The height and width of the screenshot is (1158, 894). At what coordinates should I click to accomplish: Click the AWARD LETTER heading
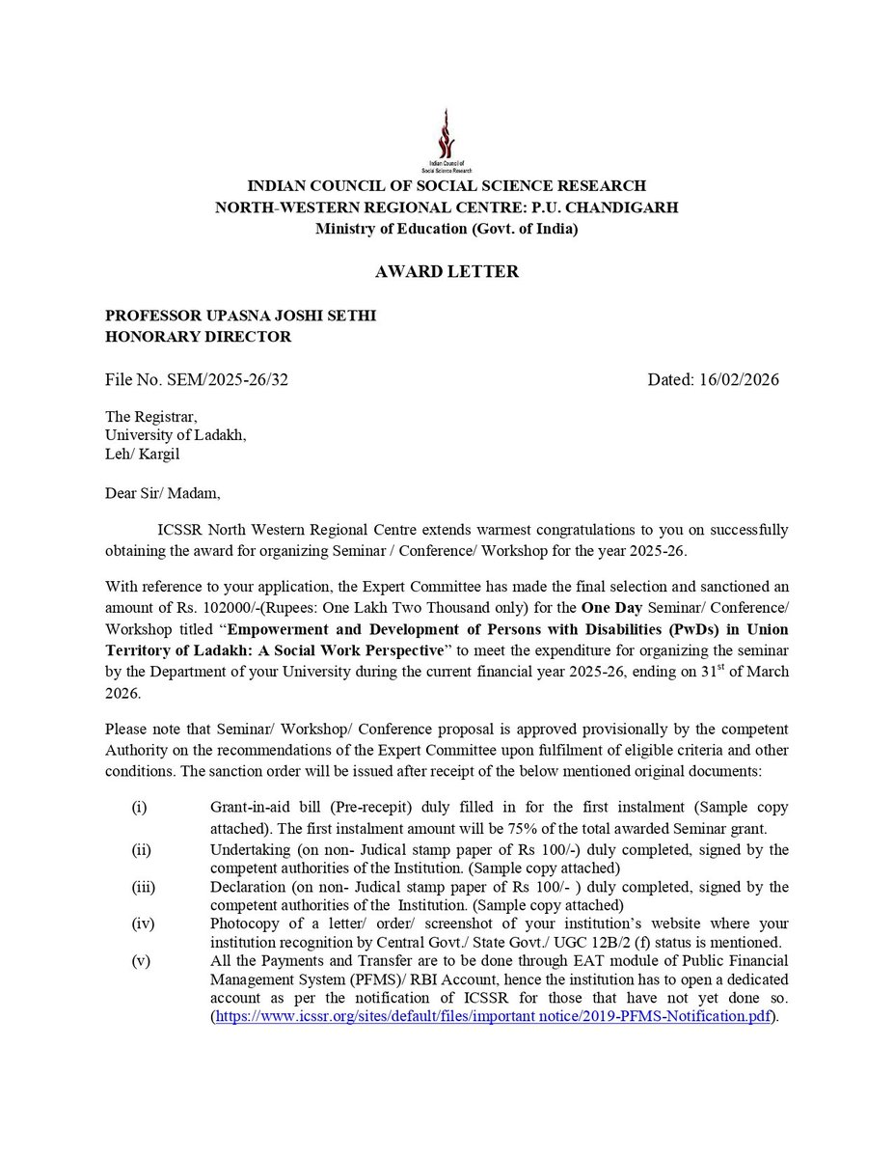(x=447, y=272)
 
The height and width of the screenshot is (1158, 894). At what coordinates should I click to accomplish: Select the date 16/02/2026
(x=741, y=379)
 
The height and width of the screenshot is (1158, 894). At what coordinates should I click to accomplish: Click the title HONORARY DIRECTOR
(x=198, y=337)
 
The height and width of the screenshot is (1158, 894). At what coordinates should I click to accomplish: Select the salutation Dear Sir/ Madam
(x=163, y=494)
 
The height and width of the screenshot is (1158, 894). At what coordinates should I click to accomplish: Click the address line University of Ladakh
(x=176, y=435)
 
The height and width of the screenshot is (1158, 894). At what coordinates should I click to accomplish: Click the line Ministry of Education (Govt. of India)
(x=447, y=229)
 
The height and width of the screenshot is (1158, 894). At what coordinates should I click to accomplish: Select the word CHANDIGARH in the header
(x=621, y=207)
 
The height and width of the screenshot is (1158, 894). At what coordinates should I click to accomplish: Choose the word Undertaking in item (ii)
(x=253, y=849)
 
